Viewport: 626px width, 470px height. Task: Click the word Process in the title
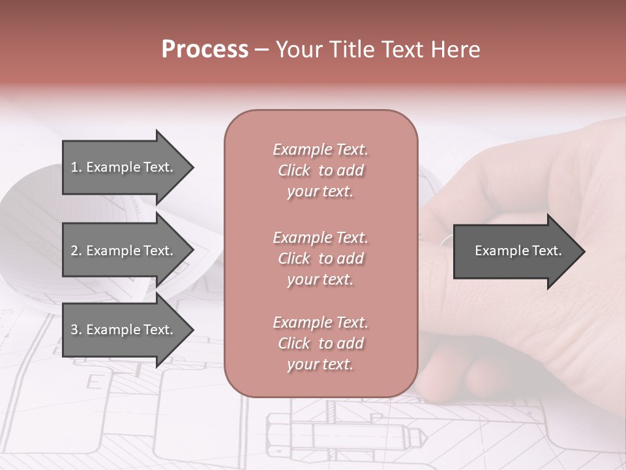coord(205,50)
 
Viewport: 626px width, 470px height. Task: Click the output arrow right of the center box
coord(515,251)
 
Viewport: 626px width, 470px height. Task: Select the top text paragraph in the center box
coord(320,170)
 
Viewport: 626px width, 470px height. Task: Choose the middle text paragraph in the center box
coord(320,258)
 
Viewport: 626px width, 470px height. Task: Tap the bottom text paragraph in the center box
coord(320,343)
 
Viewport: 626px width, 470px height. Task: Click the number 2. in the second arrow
coord(76,251)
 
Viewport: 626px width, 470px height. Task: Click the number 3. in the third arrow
coord(76,330)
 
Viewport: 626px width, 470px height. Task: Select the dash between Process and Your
coord(261,50)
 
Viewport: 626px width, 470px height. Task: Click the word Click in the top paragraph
coord(294,170)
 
